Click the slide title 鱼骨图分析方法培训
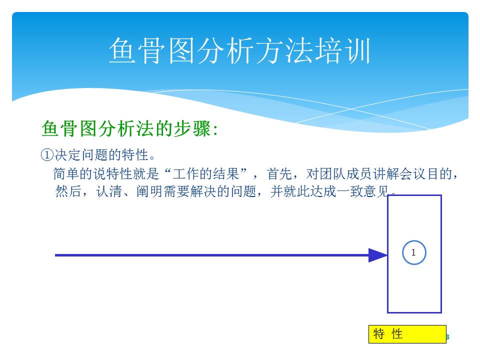(x=239, y=51)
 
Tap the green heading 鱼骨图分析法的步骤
(x=126, y=128)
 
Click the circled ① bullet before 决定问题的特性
(x=47, y=154)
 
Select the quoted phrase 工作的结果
(x=205, y=174)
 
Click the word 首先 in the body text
(x=279, y=174)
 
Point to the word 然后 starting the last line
(x=68, y=191)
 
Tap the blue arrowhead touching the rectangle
(x=378, y=255)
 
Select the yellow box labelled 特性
(x=407, y=334)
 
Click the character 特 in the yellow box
(x=378, y=334)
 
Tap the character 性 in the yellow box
(x=397, y=334)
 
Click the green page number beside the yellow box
(x=448, y=337)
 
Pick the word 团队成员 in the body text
(x=345, y=174)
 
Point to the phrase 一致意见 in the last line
(x=363, y=191)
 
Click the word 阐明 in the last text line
(x=149, y=191)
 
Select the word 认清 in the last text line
(x=109, y=191)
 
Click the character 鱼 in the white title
(x=122, y=51)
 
